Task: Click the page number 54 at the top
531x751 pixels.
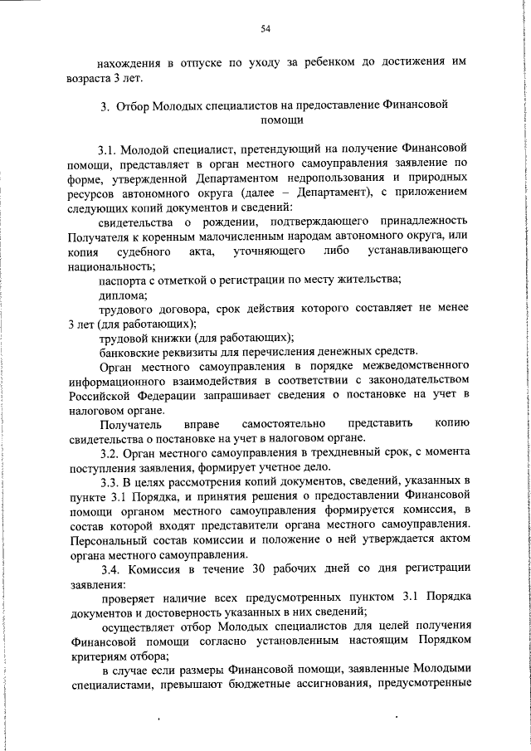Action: pos(266,29)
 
